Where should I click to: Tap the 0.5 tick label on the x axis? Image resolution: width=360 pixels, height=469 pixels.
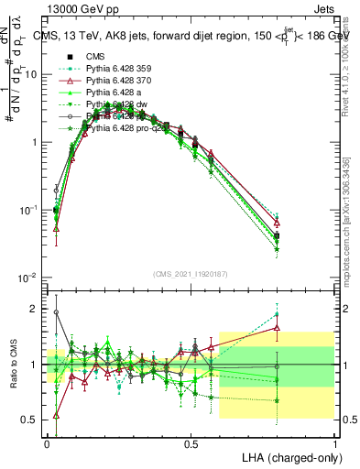(191, 442)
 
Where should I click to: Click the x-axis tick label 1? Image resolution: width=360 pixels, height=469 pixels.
(334, 442)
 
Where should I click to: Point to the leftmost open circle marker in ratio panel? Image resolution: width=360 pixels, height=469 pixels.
(56, 312)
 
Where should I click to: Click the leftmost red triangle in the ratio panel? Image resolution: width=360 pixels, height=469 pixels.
(56, 415)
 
